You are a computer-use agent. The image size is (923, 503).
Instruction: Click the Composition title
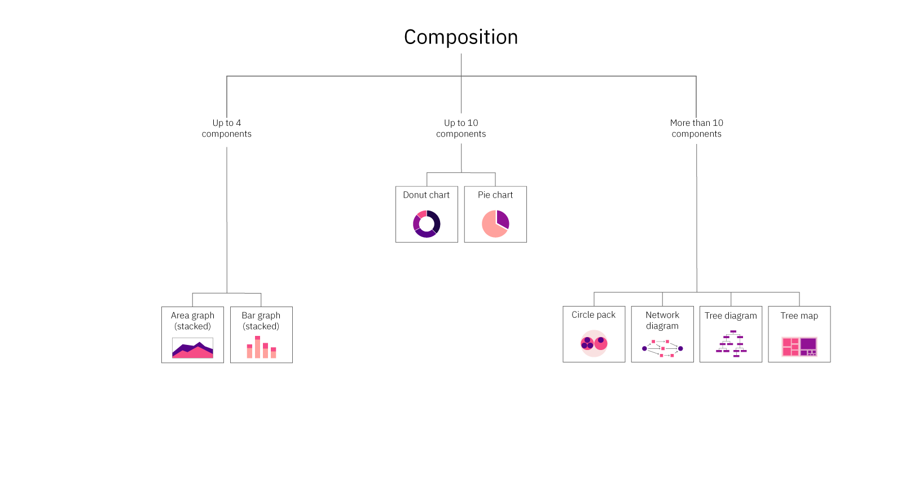tap(461, 37)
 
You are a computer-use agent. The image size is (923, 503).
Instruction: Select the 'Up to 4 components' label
tap(227, 128)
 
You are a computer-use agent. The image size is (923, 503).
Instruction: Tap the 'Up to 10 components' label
tap(461, 128)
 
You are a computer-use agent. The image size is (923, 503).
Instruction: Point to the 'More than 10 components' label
tap(696, 128)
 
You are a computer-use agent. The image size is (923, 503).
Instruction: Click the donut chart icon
tap(427, 224)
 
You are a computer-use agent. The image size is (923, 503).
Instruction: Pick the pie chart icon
tap(495, 224)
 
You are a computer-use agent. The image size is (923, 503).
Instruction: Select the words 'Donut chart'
tap(427, 195)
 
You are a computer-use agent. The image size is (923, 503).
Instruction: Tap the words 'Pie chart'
tap(495, 195)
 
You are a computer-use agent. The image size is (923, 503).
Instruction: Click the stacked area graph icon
tap(192, 348)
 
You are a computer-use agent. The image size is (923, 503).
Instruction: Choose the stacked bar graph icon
tap(261, 348)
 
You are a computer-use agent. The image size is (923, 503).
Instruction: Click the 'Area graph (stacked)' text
tap(192, 321)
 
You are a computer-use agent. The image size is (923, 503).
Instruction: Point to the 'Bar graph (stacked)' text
tap(261, 321)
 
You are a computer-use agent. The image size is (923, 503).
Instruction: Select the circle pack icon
tap(594, 343)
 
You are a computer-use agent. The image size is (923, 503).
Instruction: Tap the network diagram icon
tap(662, 348)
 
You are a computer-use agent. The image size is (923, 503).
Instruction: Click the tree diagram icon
tap(731, 344)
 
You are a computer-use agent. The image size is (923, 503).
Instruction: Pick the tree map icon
tap(799, 347)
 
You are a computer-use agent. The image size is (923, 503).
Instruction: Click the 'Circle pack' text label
tap(594, 315)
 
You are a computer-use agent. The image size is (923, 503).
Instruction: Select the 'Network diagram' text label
tap(662, 320)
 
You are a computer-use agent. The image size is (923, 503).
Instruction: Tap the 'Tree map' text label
tap(799, 316)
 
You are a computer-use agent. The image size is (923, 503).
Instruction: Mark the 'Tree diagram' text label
tap(731, 316)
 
